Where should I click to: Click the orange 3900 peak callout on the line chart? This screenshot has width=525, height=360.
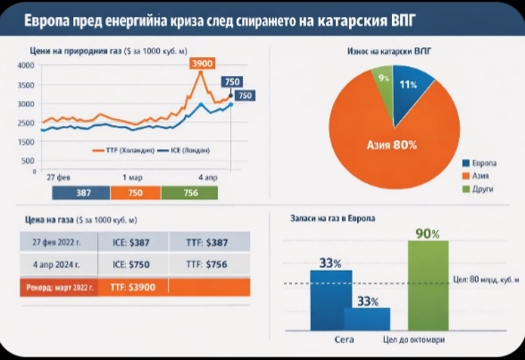click(x=203, y=64)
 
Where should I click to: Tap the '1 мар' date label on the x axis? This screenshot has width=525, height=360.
click(x=133, y=178)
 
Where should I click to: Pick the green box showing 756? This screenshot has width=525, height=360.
click(x=191, y=192)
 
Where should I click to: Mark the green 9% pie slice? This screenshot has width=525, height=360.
click(x=385, y=80)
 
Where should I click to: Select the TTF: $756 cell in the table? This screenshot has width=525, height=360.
click(x=207, y=264)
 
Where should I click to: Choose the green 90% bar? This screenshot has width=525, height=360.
click(x=428, y=285)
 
